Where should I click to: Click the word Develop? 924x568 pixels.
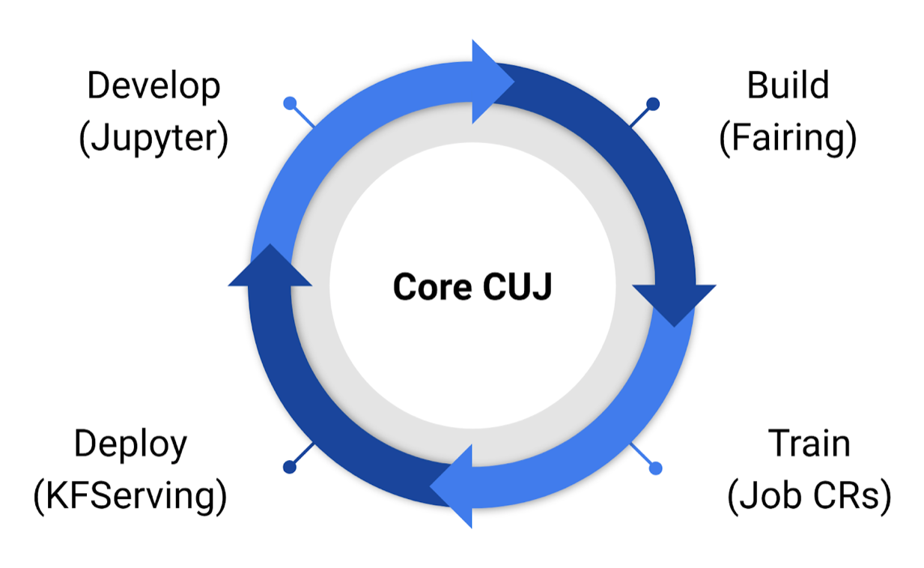pos(154,87)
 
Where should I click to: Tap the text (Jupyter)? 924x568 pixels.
pos(154,139)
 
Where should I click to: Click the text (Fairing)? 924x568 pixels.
pos(788,139)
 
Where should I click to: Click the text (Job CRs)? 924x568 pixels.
pos(809,496)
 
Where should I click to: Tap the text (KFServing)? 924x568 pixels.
pos(130,496)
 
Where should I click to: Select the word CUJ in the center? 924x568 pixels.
pos(517,287)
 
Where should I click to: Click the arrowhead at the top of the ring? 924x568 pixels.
pos(490,82)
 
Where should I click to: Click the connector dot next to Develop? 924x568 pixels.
pos(290,103)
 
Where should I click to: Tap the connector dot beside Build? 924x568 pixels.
pos(653,103)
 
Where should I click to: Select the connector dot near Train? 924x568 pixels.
pos(655,468)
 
